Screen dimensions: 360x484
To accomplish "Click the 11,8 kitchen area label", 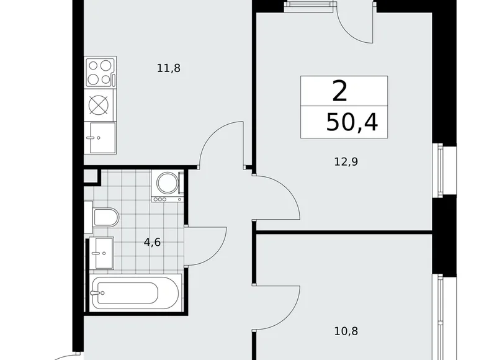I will pos(169,68).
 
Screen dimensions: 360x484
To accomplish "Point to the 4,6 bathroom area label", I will pos(153,243).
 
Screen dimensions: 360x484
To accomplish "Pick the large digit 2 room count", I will pos(339,91).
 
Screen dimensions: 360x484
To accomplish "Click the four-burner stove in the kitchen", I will pos(101,72).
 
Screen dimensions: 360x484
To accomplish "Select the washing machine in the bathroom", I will pos(168,185).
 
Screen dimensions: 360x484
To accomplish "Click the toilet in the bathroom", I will pos(105,218).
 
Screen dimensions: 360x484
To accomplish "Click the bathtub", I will pos(135,292).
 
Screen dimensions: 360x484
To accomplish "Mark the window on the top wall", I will pos(308,4).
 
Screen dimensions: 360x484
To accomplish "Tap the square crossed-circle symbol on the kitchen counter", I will pos(99,104).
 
